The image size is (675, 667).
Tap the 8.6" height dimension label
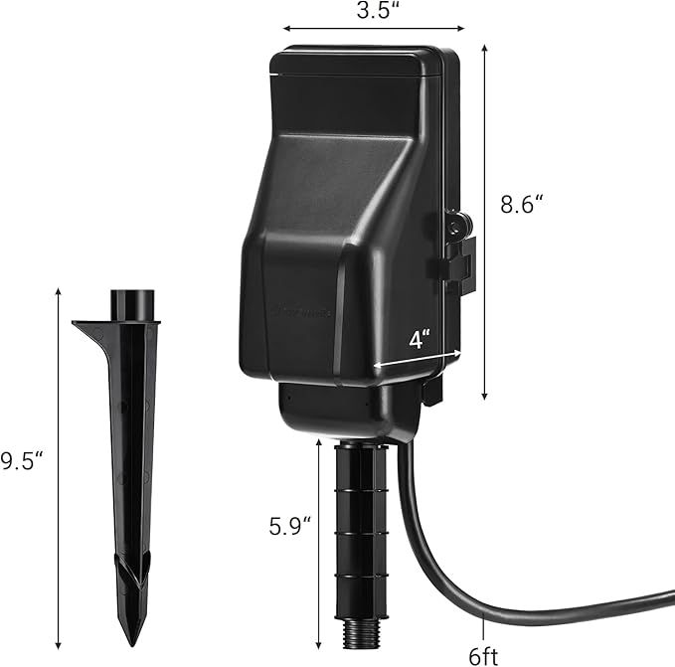point(523,206)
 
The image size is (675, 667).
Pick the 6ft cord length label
point(485,655)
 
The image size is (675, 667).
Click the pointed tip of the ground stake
point(130,636)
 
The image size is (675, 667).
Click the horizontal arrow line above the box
point(374,30)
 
